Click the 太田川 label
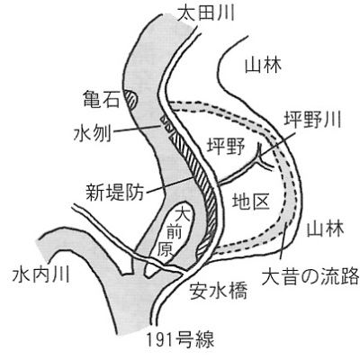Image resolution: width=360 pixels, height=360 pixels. point(206,13)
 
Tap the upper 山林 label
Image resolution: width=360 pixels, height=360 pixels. point(264,65)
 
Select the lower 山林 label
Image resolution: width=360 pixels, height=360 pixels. point(325,229)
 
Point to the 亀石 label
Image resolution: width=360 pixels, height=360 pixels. point(101,99)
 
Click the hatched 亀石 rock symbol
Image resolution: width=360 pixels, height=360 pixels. point(131,100)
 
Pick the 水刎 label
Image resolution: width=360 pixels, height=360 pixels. point(93,133)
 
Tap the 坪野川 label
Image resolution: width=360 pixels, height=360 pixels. point(312,120)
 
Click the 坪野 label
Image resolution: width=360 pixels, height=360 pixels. point(226,147)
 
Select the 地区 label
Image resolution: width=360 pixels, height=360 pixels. point(251,201)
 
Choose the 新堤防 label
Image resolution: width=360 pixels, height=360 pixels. point(115,192)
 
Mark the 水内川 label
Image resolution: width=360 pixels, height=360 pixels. point(40,274)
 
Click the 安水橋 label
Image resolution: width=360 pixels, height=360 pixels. point(219,291)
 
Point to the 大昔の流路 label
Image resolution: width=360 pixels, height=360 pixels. point(310,276)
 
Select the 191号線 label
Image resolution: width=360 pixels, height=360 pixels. point(180,340)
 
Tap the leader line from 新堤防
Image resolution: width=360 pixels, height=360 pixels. point(170,184)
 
